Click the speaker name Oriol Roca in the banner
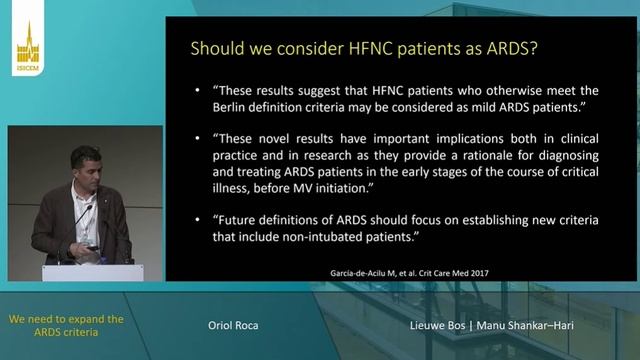click(x=231, y=326)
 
